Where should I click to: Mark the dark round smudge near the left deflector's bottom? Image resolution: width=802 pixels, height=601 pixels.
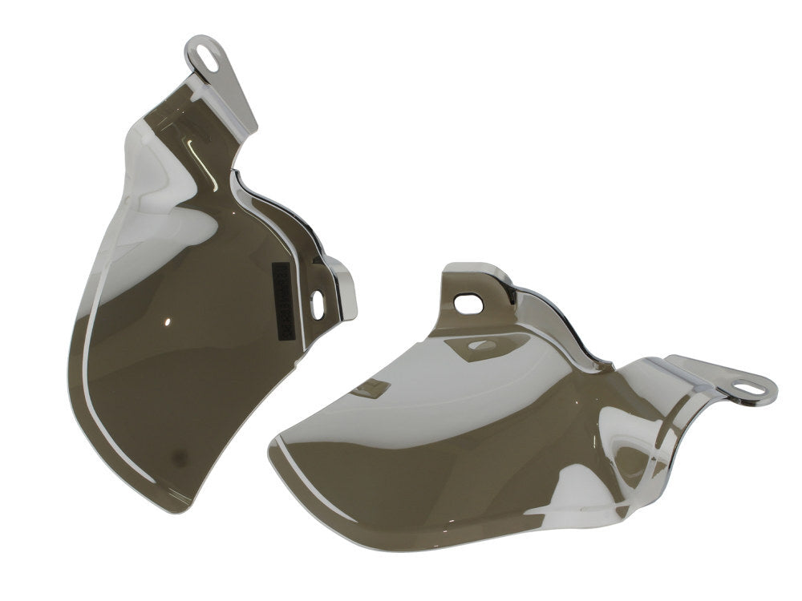pyautogui.click(x=179, y=457)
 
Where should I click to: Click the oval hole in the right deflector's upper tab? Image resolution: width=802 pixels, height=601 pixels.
pyautogui.click(x=464, y=303)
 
